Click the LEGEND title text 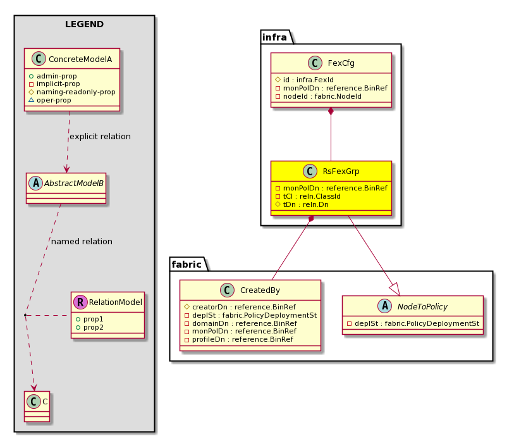(x=84, y=24)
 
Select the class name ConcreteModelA (x=80, y=59)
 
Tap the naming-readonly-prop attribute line (x=76, y=92)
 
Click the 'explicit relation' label (x=100, y=136)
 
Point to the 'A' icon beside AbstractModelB (x=36, y=183)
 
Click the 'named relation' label (x=82, y=241)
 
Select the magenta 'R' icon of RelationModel (x=80, y=302)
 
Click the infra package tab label (x=274, y=37)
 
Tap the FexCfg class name (x=341, y=63)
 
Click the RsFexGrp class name (x=341, y=171)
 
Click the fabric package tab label (x=187, y=264)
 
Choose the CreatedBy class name (x=260, y=290)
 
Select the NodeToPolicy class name (x=422, y=306)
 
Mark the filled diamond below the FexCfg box (x=331, y=111)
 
